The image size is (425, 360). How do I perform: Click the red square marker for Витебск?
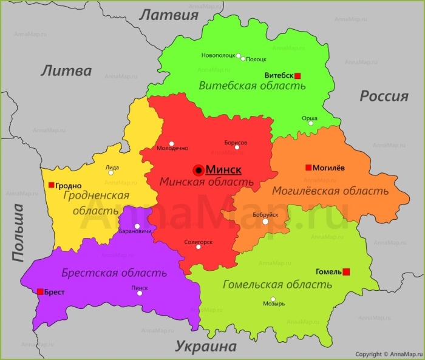297,76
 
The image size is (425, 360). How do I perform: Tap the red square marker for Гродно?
51,186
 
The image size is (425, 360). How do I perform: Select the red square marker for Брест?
40,292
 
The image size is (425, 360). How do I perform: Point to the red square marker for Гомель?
346,271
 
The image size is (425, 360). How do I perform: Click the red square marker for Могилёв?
308,168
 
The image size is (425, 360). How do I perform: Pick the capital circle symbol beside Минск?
199,170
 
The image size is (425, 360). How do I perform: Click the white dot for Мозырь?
273,299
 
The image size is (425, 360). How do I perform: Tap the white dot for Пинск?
140,293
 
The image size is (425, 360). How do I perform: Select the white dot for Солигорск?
198,246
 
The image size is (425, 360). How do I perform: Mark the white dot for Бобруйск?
265,222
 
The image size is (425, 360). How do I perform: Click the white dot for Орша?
311,123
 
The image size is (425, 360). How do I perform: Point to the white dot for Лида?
110,172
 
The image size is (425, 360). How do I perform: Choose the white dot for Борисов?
237,147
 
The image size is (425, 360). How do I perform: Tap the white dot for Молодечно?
172,143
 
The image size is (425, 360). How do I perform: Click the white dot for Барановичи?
137,226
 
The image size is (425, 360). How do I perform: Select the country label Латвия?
169,15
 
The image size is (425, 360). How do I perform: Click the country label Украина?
206,347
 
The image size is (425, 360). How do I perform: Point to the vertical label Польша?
18,233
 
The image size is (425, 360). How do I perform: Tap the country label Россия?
384,96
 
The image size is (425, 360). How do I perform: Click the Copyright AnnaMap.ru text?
388,354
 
